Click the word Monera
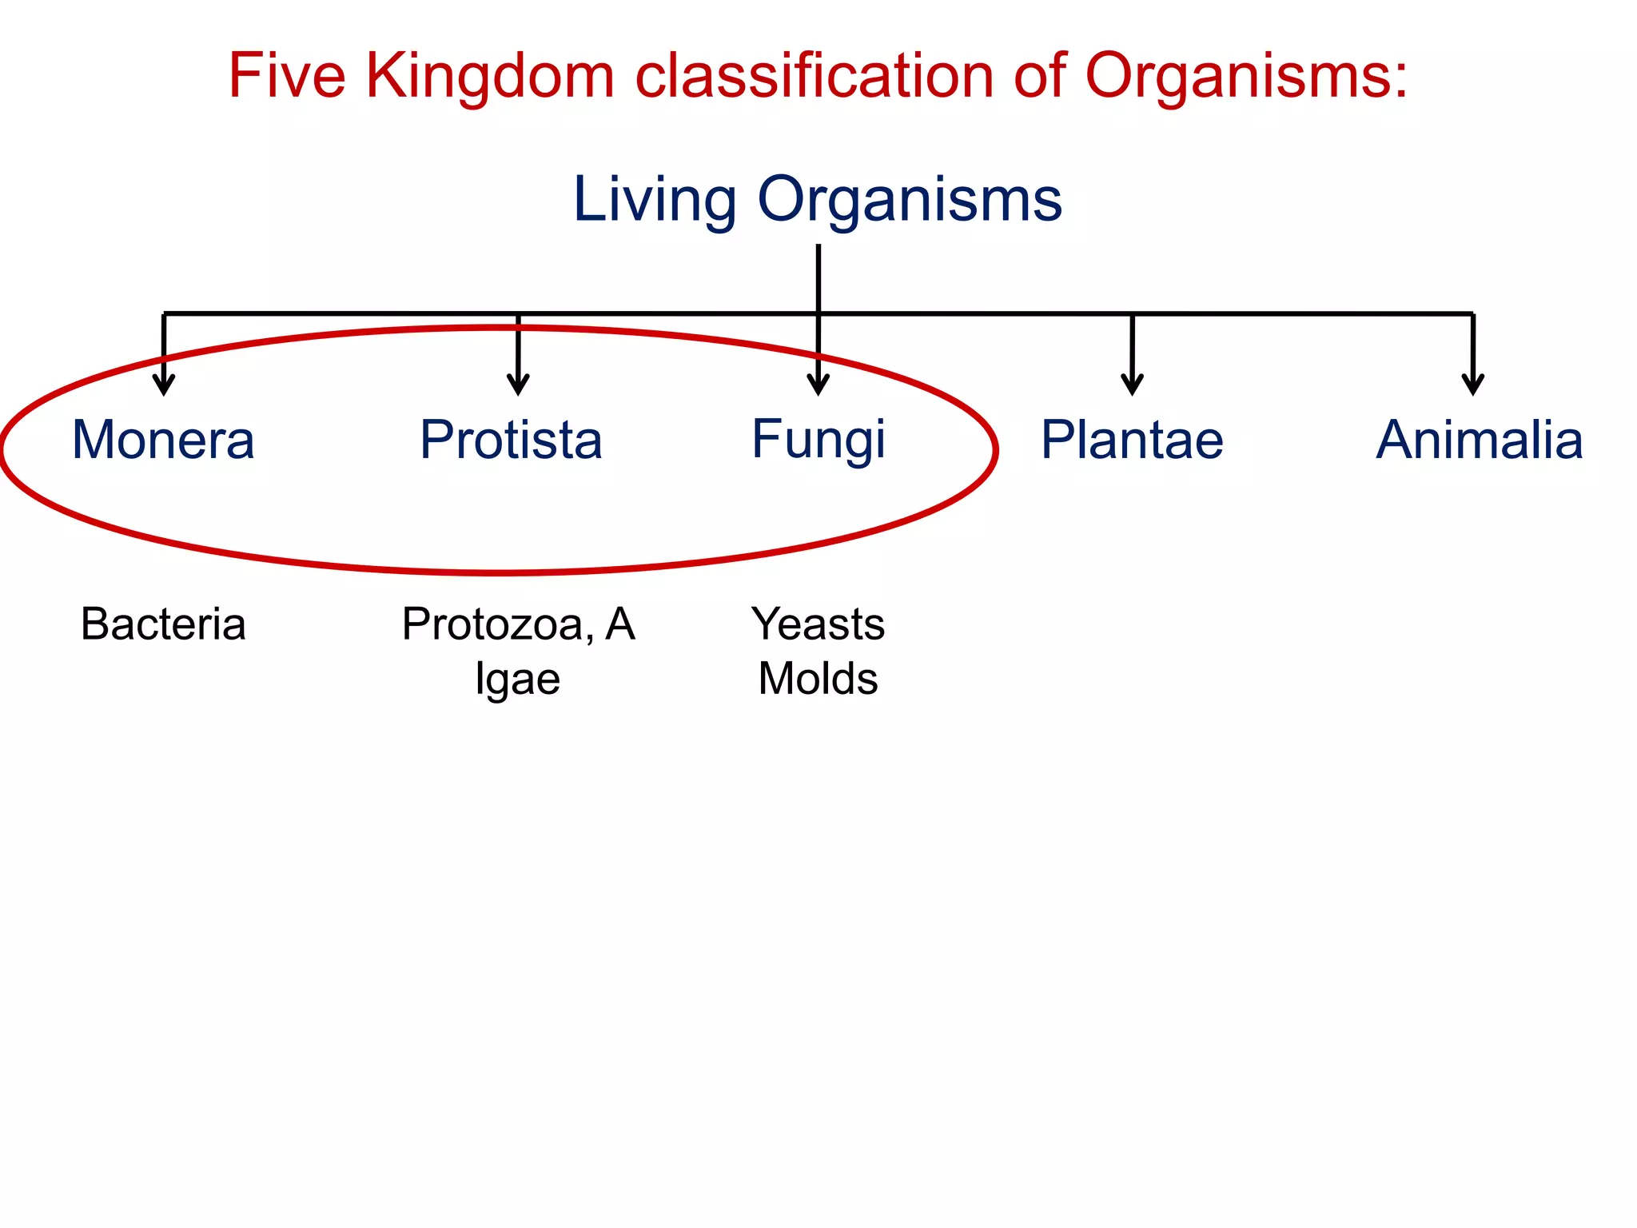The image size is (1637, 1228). pos(163,440)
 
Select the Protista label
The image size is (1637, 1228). pos(511,440)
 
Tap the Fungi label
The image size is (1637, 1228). pos(818,440)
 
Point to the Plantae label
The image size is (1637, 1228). pos(1132,440)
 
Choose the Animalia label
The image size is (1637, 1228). pos(1480,440)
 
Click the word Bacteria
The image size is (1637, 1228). pos(163,624)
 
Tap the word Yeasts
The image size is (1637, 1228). pos(818,624)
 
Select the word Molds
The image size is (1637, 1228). pos(818,679)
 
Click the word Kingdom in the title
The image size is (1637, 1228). pos(490,76)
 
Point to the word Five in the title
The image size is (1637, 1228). pos(287,76)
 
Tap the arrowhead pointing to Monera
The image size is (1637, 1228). pos(164,385)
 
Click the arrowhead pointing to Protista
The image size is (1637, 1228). pos(518,385)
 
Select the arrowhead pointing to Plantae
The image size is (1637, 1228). pos(1132,385)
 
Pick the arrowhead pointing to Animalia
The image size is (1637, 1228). pos(1473,385)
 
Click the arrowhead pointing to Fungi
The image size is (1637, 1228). pos(818,385)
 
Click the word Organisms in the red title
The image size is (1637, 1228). pos(1245,76)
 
